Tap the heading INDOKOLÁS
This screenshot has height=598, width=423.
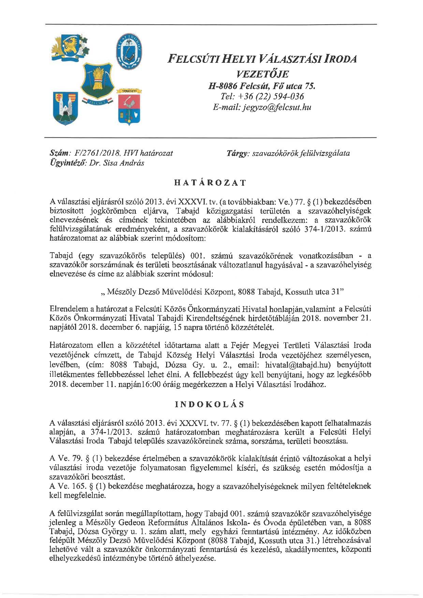210,404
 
